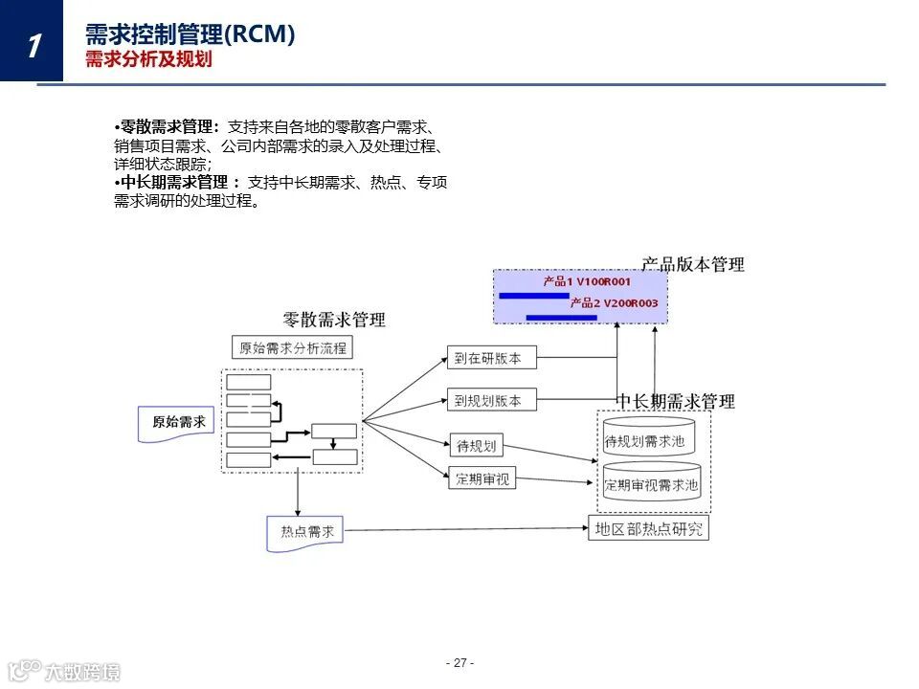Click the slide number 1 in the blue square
pos(34,44)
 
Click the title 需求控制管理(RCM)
pos(190,35)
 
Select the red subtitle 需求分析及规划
pos(147,60)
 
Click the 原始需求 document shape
pos(178,422)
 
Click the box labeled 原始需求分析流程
pos(292,347)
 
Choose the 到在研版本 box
pos(491,358)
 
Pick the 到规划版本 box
pos(491,401)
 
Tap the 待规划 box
pos(475,446)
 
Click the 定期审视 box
pos(482,477)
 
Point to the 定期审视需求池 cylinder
pos(651,486)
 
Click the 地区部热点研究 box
pos(648,528)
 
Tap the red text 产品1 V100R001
pos(587,282)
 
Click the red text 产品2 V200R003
pos(614,302)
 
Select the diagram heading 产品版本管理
pos(692,264)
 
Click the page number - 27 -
pos(459,663)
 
